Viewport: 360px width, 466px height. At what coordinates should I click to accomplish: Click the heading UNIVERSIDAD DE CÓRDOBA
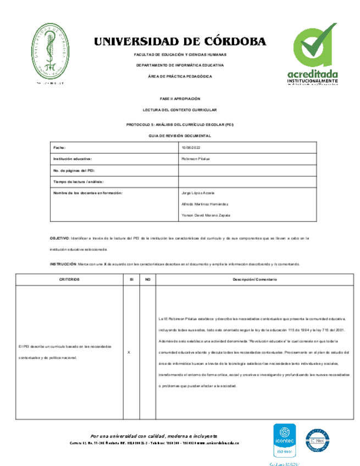pyautogui.click(x=180, y=42)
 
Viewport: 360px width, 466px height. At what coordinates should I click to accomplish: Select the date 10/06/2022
pyautogui.click(x=190, y=148)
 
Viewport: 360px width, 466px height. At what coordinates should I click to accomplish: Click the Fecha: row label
pyautogui.click(x=59, y=148)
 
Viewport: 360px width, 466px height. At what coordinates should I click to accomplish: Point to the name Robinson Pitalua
pyautogui.click(x=196, y=159)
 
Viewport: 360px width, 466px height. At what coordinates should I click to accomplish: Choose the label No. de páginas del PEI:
pyautogui.click(x=74, y=170)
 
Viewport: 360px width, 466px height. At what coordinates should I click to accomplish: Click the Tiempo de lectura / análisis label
pyautogui.click(x=78, y=181)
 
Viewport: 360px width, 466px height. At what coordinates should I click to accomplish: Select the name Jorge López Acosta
pyautogui.click(x=198, y=193)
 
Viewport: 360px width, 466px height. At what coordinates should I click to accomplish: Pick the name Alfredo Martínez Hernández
pyautogui.click(x=204, y=204)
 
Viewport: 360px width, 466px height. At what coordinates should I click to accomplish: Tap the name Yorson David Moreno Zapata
pyautogui.click(x=206, y=215)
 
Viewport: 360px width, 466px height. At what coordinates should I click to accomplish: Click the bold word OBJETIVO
pyautogui.click(x=59, y=238)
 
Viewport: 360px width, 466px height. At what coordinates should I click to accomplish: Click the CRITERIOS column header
pyautogui.click(x=70, y=279)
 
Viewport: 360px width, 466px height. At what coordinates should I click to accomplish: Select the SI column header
pyautogui.click(x=131, y=279)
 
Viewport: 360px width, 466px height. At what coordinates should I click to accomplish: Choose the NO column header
pyautogui.click(x=147, y=279)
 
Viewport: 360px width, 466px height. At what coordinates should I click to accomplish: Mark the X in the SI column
pyautogui.click(x=129, y=352)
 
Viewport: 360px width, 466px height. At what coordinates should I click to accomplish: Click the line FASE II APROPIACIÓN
pyautogui.click(x=180, y=98)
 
